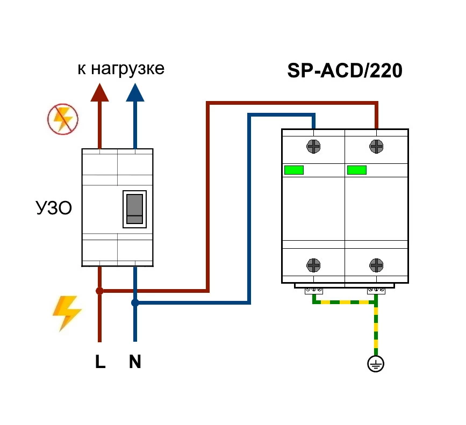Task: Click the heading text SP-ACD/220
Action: click(x=345, y=71)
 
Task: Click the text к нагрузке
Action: click(x=121, y=69)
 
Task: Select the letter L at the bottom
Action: click(x=100, y=362)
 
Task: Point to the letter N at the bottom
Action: click(x=135, y=362)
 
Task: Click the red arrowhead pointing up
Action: click(x=99, y=92)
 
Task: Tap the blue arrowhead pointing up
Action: click(x=135, y=92)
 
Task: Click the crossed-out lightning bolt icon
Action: click(x=63, y=119)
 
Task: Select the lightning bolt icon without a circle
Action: click(x=67, y=313)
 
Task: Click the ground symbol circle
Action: click(x=376, y=365)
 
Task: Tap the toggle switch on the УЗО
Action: click(x=134, y=209)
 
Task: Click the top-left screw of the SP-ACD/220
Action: click(x=313, y=146)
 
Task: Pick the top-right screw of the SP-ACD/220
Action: click(x=376, y=146)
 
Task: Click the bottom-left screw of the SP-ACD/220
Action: click(x=313, y=265)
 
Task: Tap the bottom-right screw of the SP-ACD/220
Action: click(x=376, y=265)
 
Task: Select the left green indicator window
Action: click(x=294, y=170)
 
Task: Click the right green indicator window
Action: click(x=357, y=170)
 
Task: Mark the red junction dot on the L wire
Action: click(x=99, y=291)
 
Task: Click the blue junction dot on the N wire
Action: click(x=135, y=303)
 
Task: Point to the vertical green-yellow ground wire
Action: click(x=376, y=330)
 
